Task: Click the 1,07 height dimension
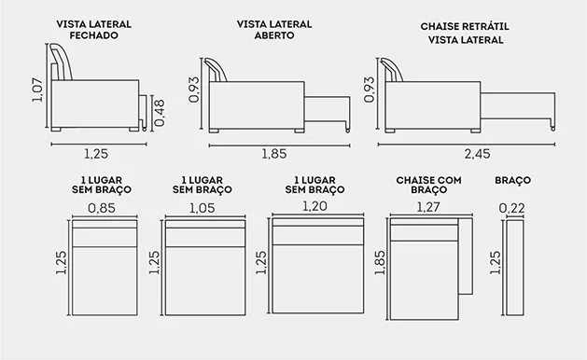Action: (37, 90)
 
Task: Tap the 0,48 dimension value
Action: (159, 113)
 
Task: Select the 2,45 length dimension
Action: (477, 154)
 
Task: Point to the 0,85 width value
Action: (102, 208)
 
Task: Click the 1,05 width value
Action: (203, 208)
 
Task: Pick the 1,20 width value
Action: (314, 206)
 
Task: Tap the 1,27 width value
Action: (428, 207)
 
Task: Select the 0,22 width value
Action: (511, 208)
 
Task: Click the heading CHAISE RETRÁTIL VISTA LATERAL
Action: (465, 33)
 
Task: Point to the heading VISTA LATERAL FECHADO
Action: (93, 30)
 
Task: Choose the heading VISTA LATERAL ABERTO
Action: (274, 30)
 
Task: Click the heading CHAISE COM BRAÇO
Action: (428, 185)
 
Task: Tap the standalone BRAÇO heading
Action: (513, 180)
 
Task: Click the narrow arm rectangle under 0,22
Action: (515, 268)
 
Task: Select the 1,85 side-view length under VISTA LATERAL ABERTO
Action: (274, 154)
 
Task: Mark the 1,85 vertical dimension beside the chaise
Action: (379, 263)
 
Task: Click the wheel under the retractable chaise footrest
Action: (552, 129)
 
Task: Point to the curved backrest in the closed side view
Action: (63, 62)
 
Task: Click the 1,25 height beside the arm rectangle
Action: (495, 263)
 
